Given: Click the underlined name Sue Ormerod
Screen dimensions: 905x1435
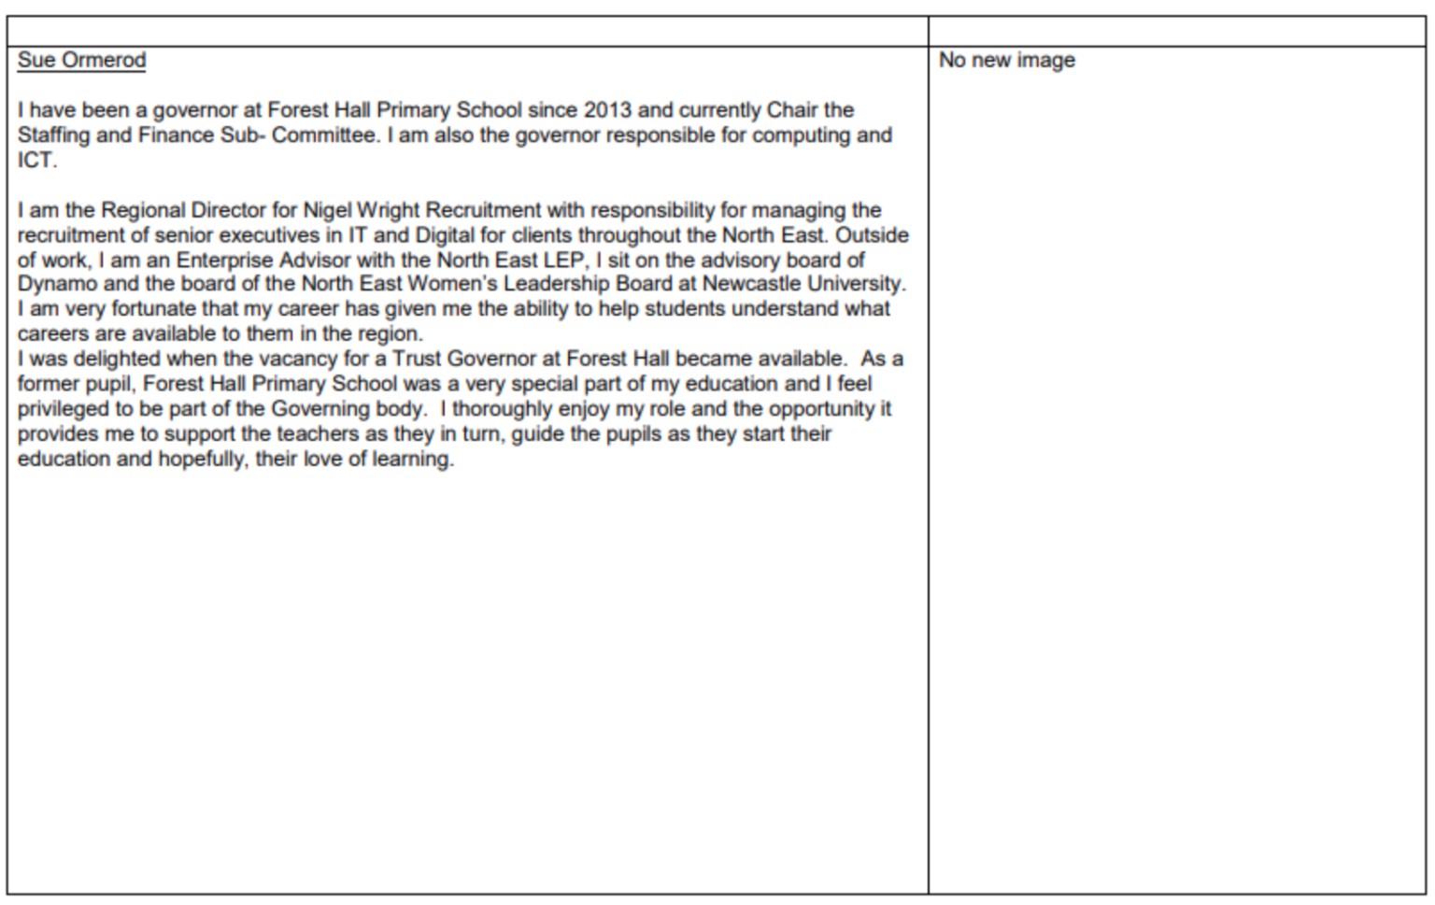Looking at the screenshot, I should click(x=81, y=61).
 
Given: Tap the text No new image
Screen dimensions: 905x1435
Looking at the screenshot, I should click(x=1006, y=61).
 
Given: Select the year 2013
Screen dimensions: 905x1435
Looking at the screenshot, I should click(x=607, y=110).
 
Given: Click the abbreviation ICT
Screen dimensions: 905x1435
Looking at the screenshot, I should click(x=36, y=160).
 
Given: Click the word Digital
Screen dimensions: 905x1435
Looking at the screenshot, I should click(x=445, y=235).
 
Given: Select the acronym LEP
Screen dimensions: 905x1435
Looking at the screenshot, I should click(x=563, y=260).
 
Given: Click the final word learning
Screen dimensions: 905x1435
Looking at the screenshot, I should click(x=413, y=459).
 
